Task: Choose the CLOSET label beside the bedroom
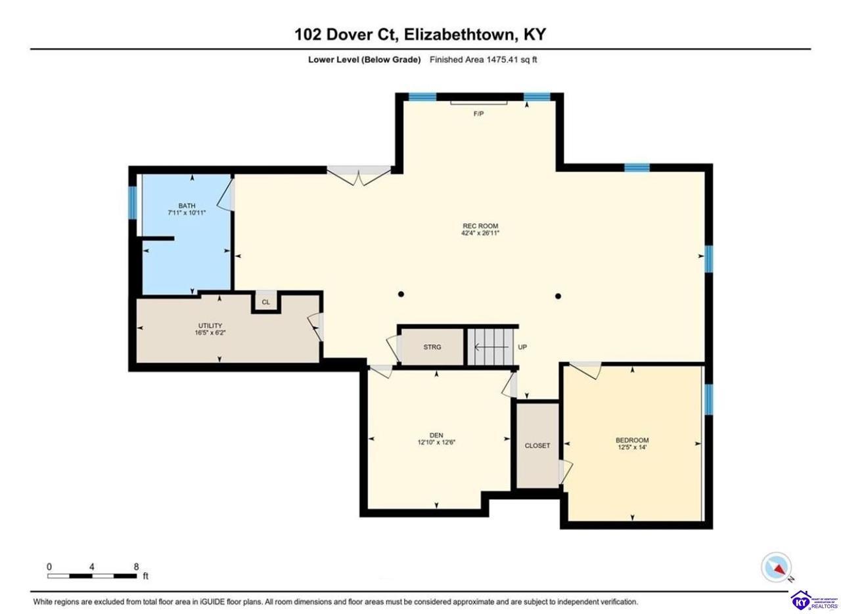click(537, 445)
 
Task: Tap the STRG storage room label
click(432, 347)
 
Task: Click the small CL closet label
click(266, 302)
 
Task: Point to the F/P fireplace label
click(478, 114)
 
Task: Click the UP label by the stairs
click(522, 347)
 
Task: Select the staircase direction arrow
click(492, 347)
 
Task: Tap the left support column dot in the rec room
click(401, 294)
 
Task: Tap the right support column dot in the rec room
click(558, 296)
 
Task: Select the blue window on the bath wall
click(133, 202)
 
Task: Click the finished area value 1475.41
click(502, 59)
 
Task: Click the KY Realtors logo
click(815, 601)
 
